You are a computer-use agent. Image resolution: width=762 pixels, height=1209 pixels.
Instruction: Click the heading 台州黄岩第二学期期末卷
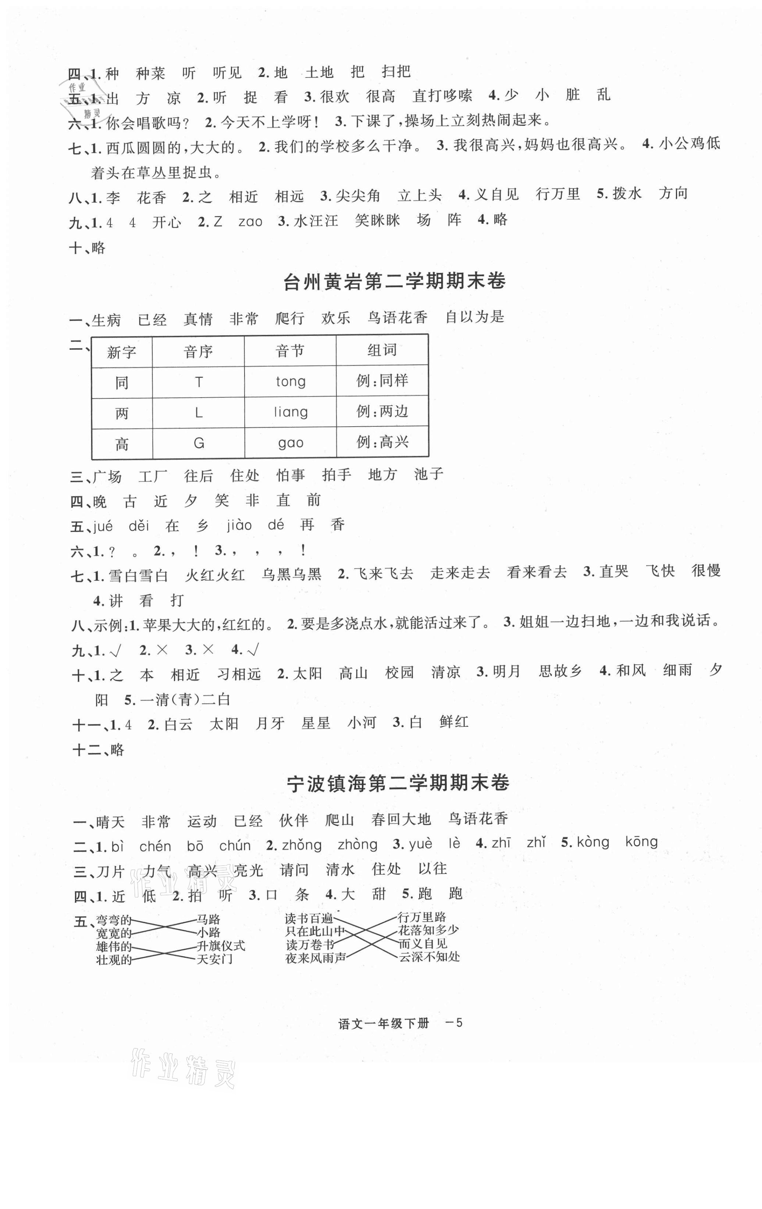coord(395,281)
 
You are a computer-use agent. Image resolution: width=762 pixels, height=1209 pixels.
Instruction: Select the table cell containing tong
coord(291,381)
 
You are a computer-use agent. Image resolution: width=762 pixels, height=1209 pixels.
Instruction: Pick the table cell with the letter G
coord(199,443)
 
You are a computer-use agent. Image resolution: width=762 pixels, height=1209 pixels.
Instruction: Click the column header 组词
coord(382,350)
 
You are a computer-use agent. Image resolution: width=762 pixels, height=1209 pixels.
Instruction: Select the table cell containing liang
coord(291,412)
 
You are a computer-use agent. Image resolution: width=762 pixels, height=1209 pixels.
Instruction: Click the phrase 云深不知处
coord(429,957)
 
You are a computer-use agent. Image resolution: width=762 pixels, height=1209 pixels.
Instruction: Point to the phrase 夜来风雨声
coord(316,958)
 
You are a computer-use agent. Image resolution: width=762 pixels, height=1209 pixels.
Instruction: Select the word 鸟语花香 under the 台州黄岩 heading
coord(397,317)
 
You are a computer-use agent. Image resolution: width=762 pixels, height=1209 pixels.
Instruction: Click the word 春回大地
coord(401,819)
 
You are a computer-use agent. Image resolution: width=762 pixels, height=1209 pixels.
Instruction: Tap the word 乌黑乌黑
coord(291,575)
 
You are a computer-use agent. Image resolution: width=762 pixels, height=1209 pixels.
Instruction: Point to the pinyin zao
coord(250,221)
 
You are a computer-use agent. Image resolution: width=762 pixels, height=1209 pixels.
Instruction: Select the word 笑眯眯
coord(377,220)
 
